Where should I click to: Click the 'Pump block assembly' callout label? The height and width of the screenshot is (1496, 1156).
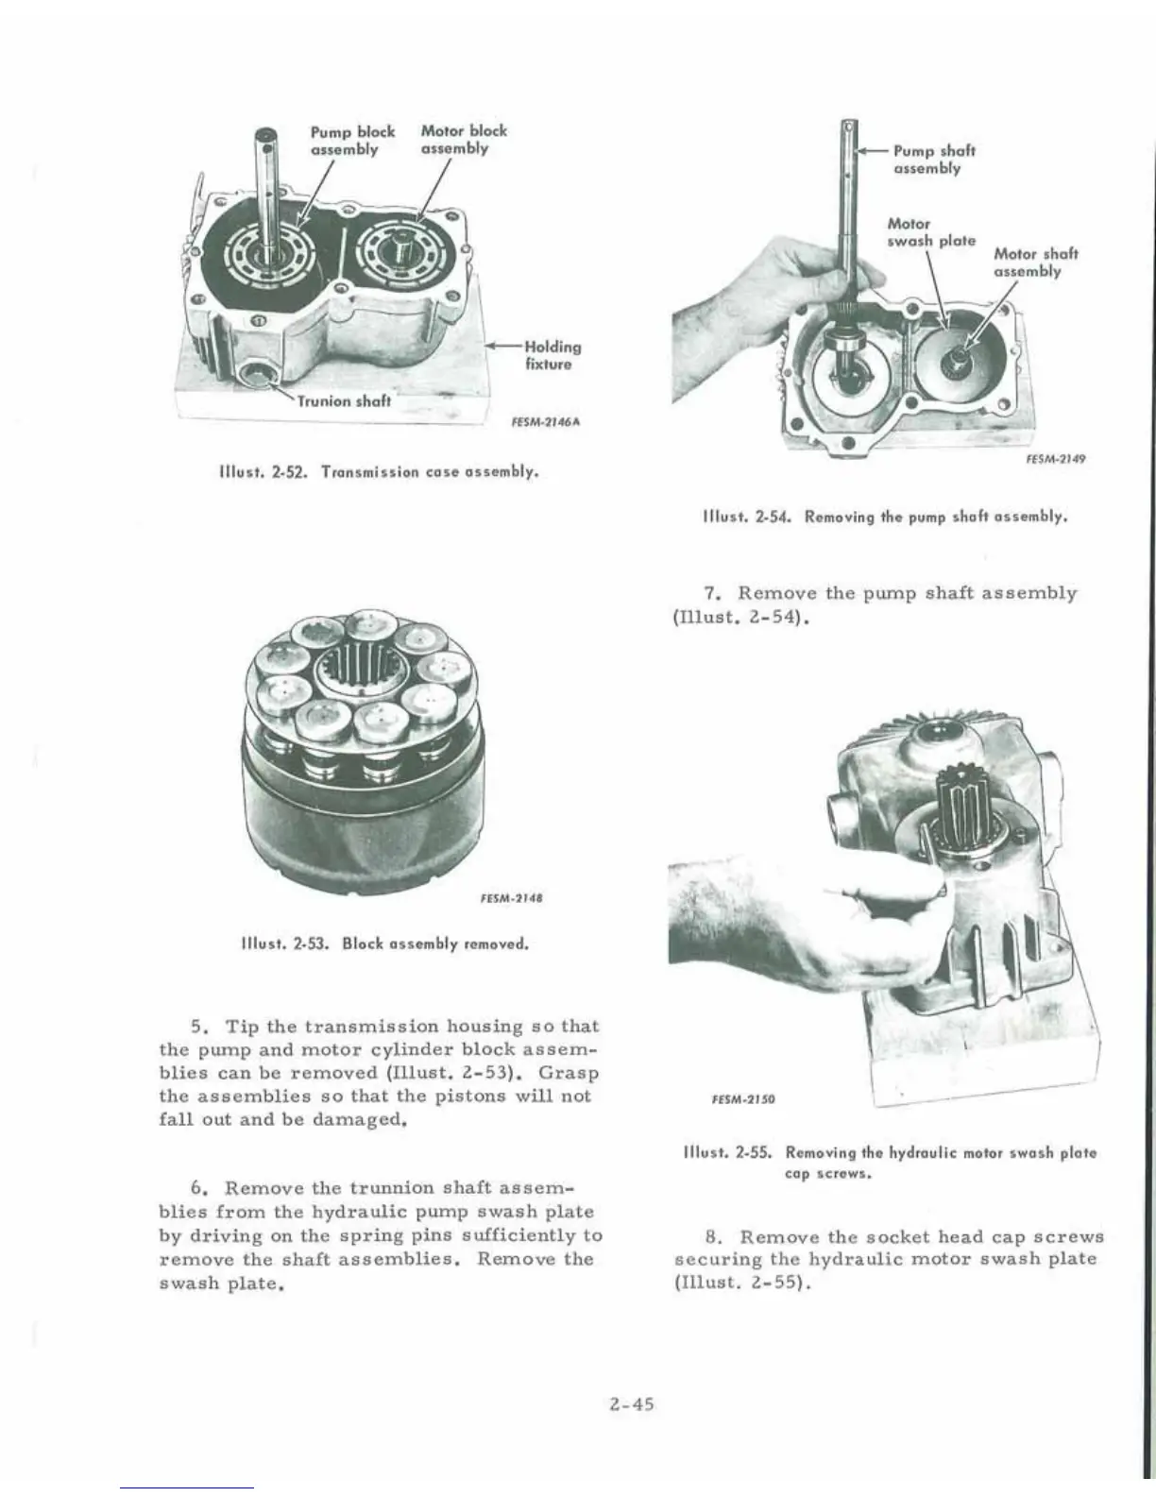(352, 140)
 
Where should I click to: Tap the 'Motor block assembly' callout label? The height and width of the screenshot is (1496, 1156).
(463, 140)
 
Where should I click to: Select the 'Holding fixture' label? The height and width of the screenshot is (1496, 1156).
(552, 355)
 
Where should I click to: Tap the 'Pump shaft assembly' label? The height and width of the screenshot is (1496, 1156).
(933, 159)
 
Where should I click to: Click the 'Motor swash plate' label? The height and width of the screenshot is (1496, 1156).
(931, 232)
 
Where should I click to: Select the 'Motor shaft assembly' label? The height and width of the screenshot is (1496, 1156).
(1035, 263)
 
